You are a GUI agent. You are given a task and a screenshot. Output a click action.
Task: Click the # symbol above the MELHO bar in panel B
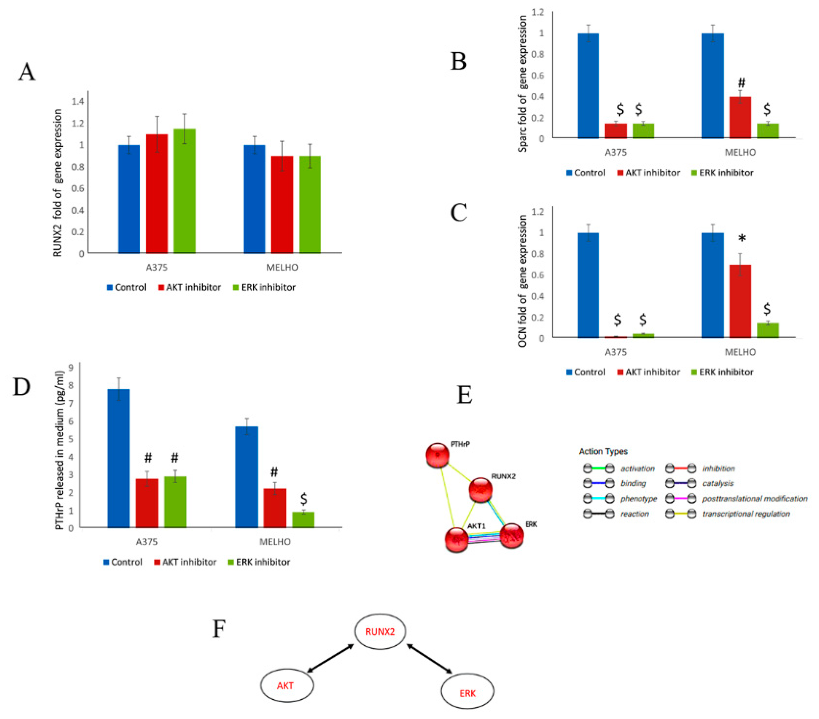coord(742,83)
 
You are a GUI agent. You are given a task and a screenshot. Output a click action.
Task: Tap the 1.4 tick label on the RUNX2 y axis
coord(78,101)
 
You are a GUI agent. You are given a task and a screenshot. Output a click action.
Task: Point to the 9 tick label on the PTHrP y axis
coord(71,367)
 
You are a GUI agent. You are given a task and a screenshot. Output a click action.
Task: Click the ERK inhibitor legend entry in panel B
coord(722,172)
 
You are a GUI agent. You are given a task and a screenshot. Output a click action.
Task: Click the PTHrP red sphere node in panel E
coord(437,455)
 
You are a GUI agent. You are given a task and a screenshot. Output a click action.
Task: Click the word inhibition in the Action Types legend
coord(718,468)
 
